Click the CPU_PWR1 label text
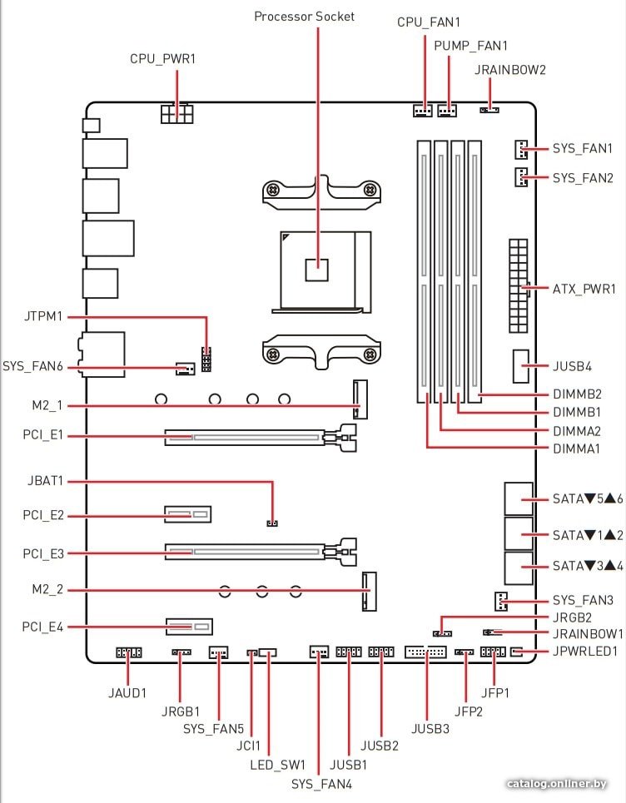[x=162, y=59]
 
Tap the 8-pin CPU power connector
[x=176, y=114]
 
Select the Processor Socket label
[x=305, y=17]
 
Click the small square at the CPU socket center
[x=316, y=270]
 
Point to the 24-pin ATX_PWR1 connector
[x=518, y=285]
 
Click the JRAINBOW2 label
[x=509, y=70]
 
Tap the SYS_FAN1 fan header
[x=520, y=149]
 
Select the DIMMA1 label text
[x=576, y=449]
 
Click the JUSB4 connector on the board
[x=520, y=366]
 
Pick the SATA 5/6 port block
[x=519, y=498]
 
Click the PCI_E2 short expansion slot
[x=187, y=513]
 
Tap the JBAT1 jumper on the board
[x=272, y=523]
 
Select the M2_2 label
[x=47, y=589]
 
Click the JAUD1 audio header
[x=128, y=652]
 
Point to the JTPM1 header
[x=206, y=359]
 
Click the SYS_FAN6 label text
[x=32, y=367]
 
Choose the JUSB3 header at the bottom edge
[x=425, y=652]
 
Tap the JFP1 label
[x=494, y=693]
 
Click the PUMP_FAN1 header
[x=447, y=111]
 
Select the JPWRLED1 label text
[x=585, y=652]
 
